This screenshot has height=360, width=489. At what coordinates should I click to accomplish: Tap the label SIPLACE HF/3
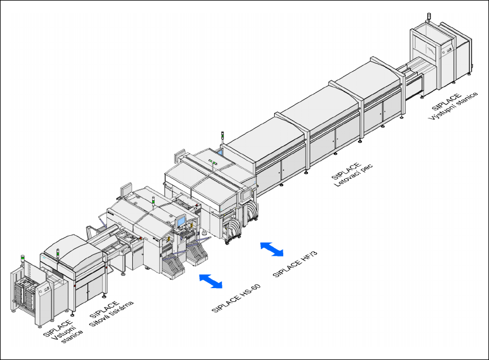coord(296,261)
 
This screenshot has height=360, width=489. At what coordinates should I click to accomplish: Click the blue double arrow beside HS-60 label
coord(210,281)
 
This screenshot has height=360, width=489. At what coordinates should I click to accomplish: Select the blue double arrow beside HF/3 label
coord(272,249)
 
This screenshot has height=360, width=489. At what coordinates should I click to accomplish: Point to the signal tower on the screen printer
coord(59,252)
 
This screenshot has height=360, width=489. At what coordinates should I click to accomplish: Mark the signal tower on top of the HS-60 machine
coord(153,201)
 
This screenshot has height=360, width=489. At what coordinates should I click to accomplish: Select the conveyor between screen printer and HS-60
coord(109,242)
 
